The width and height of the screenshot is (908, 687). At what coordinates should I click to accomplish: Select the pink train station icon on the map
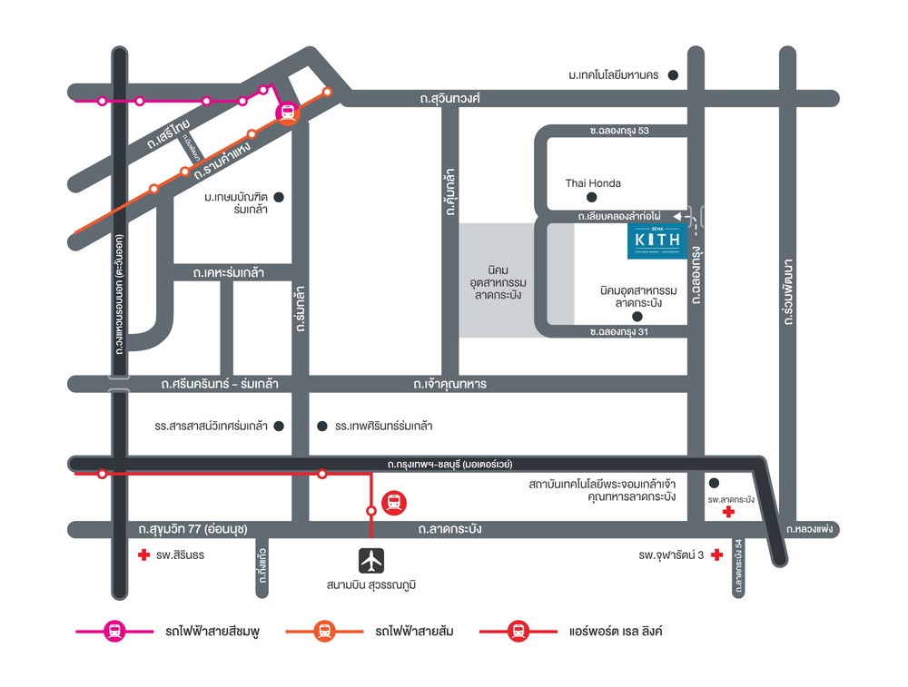coord(287,113)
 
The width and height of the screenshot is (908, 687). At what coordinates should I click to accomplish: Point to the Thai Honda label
coord(593,183)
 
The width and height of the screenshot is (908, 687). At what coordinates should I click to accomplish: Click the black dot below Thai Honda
coord(592,197)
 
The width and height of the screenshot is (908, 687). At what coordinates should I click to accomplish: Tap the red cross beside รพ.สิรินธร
coord(142,555)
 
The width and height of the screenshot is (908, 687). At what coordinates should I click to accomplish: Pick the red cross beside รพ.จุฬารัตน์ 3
coord(717,555)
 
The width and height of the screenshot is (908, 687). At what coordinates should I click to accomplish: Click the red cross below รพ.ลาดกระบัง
coord(728,513)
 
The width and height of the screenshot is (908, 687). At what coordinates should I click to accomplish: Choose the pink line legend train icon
coord(115,632)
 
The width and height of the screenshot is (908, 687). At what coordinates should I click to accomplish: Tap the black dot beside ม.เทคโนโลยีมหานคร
coord(673,75)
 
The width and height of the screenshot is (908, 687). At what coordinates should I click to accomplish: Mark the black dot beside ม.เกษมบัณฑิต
coord(280,197)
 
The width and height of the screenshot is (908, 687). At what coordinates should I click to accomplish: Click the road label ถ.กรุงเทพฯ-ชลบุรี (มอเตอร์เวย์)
coord(449,464)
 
